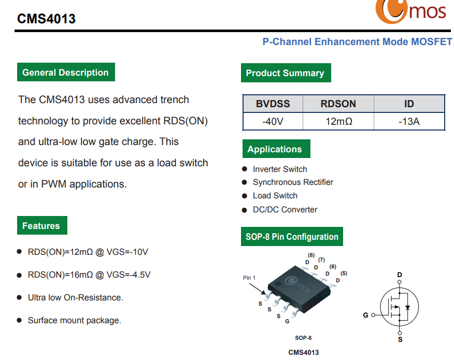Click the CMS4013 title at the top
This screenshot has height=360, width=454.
(46, 19)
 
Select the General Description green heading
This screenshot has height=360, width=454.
(66, 72)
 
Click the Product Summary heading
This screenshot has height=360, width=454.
(286, 73)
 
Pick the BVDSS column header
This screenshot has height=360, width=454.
(273, 104)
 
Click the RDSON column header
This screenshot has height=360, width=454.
(338, 104)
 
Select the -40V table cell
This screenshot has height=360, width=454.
(273, 121)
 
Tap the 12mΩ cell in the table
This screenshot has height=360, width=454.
(339, 121)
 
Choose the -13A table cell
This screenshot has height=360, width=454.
(409, 121)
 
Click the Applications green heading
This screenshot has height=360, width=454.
(276, 149)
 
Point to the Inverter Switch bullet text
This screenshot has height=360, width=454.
(280, 169)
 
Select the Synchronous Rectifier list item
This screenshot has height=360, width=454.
(293, 182)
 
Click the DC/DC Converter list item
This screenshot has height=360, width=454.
(285, 209)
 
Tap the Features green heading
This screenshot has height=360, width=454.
(42, 225)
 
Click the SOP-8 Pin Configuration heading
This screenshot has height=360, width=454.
(292, 236)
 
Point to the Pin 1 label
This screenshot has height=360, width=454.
(249, 278)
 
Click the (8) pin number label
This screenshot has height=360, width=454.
(311, 255)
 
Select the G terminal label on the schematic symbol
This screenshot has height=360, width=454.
(366, 315)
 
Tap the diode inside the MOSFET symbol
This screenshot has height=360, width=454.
(408, 307)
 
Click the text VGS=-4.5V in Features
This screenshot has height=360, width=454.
(129, 275)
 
